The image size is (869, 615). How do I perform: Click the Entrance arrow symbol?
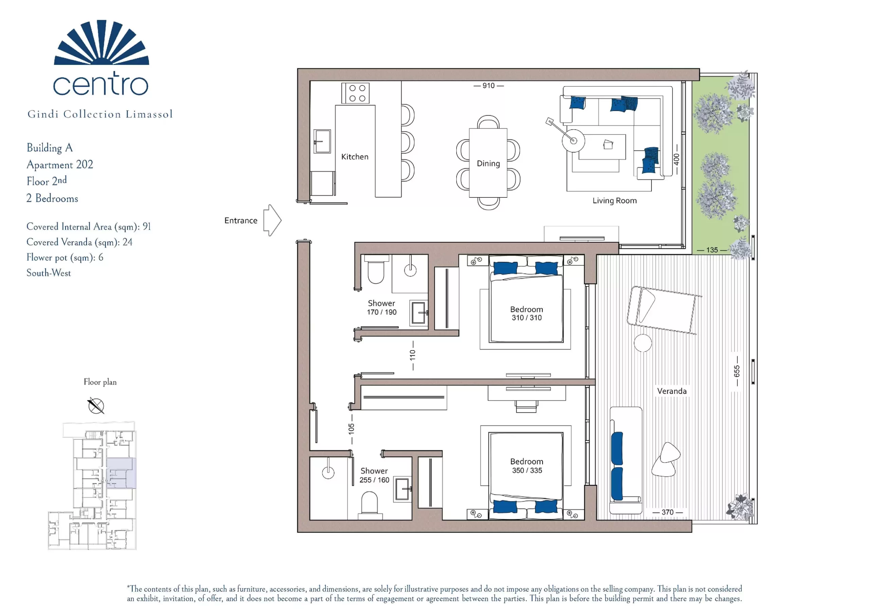[x=273, y=220]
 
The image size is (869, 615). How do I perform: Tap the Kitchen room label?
[x=355, y=157]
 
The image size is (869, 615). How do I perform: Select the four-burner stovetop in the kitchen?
[x=355, y=93]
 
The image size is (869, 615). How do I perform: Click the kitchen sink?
[x=322, y=141]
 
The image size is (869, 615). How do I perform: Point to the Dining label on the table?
[x=488, y=163]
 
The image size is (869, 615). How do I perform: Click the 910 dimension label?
[x=488, y=86]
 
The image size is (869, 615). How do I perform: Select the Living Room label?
[x=615, y=200]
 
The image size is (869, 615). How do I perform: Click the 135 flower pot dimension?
[x=712, y=250]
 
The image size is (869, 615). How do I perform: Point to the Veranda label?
[x=672, y=391]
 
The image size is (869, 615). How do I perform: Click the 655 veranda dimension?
[x=737, y=371]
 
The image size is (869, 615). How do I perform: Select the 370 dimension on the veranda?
[x=668, y=512]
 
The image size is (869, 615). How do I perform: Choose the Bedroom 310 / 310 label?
[x=526, y=313]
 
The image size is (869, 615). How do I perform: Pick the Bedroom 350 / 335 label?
[x=527, y=466]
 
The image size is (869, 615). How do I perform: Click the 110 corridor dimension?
[x=412, y=355]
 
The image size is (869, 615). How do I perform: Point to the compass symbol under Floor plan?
[x=96, y=406]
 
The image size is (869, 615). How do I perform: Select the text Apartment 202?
[x=60, y=164]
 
